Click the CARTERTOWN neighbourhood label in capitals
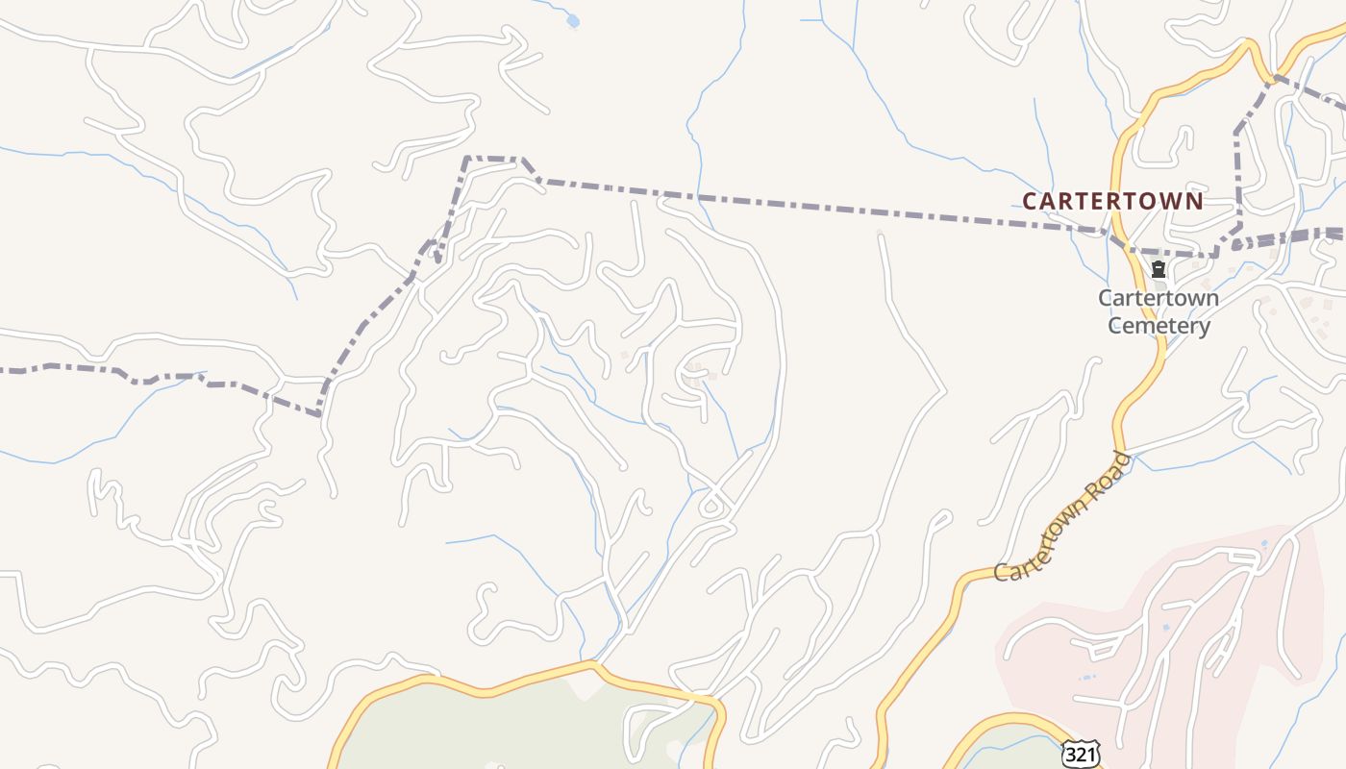pyautogui.click(x=1112, y=201)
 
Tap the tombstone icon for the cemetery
pyautogui.click(x=1159, y=269)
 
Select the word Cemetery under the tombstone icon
pyautogui.click(x=1159, y=326)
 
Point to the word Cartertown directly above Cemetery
pyautogui.click(x=1159, y=298)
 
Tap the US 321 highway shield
pyautogui.click(x=1081, y=754)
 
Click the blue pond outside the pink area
pyautogui.click(x=573, y=20)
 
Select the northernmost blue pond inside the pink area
pyautogui.click(x=1263, y=544)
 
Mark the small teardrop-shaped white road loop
pyautogui.click(x=712, y=504)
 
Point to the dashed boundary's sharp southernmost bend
pyautogui.click(x=318, y=414)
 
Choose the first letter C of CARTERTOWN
pyautogui.click(x=1030, y=201)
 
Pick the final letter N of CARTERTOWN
pyautogui.click(x=1194, y=201)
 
